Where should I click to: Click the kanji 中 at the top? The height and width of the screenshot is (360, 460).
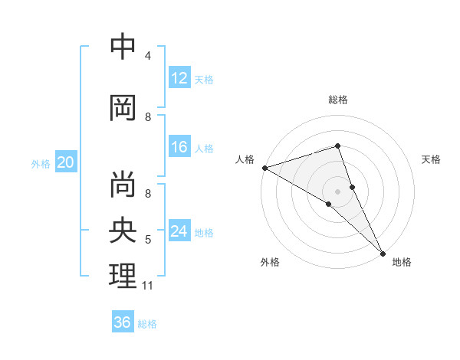123,47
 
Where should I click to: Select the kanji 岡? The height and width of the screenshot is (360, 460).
123,108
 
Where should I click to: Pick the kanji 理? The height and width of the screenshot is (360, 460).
123,276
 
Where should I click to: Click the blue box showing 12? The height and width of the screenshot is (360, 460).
179,78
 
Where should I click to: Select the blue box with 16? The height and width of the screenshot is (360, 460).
179,148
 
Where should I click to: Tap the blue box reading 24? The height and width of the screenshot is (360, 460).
179,232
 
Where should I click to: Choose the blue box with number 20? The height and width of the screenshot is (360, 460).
66,163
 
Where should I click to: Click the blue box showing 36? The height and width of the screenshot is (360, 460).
123,322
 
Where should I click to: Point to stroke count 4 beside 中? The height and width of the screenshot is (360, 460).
148,56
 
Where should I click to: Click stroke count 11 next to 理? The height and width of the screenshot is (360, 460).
148,286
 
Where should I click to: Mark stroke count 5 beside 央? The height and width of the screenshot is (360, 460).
148,240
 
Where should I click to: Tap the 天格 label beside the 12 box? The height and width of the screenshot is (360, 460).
204,79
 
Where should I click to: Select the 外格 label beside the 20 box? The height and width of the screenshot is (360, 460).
41,164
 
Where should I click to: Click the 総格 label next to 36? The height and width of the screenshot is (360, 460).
147,323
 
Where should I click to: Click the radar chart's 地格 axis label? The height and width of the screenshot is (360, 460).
402,262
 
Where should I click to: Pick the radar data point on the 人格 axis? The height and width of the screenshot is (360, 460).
264,167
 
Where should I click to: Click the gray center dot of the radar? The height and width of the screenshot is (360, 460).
337,191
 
